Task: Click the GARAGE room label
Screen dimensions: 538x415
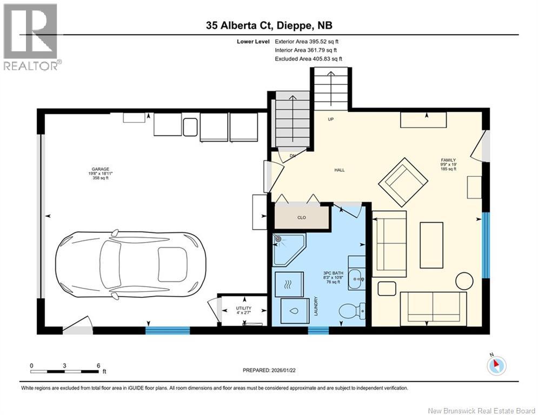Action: pyautogui.click(x=100, y=169)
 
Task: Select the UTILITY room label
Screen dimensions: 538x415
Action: pyautogui.click(x=244, y=308)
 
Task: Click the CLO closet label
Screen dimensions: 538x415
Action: pyautogui.click(x=302, y=217)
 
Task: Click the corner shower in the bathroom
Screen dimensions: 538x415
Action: pyautogui.click(x=289, y=249)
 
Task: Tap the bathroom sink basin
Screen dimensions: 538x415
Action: pyautogui.click(x=356, y=278)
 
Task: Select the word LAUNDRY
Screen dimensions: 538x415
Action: pyautogui.click(x=316, y=306)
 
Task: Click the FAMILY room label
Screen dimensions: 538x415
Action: pyautogui.click(x=448, y=160)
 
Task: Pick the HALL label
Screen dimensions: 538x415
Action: pyautogui.click(x=340, y=170)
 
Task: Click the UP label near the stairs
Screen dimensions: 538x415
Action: pyautogui.click(x=331, y=119)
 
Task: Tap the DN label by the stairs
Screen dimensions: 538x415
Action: pyautogui.click(x=293, y=156)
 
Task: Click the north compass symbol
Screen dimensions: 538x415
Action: pyautogui.click(x=496, y=365)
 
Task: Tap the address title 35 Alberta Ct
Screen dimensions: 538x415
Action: pyautogui.click(x=239, y=25)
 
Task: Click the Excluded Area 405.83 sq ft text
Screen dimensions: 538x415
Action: pyautogui.click(x=308, y=59)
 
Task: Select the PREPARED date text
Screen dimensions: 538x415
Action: pyautogui.click(x=269, y=370)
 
